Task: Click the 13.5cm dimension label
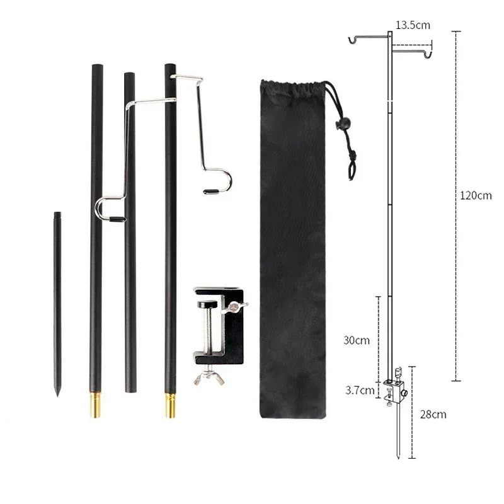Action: pyautogui.click(x=413, y=26)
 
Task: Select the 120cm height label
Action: pyautogui.click(x=476, y=195)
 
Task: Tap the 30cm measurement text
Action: pyautogui.click(x=357, y=340)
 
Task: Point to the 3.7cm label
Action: pyautogui.click(x=360, y=390)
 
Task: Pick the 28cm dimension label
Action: pyautogui.click(x=434, y=414)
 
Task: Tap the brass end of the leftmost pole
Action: pyautogui.click(x=95, y=404)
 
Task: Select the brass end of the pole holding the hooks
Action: pyautogui.click(x=170, y=405)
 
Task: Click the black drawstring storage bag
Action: pyautogui.click(x=293, y=252)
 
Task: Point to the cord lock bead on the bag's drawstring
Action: pyautogui.click(x=343, y=124)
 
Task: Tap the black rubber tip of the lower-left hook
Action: pyautogui.click(x=117, y=219)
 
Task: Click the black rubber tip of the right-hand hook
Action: pyautogui.click(x=212, y=190)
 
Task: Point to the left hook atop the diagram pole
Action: pyautogui.click(x=354, y=40)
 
